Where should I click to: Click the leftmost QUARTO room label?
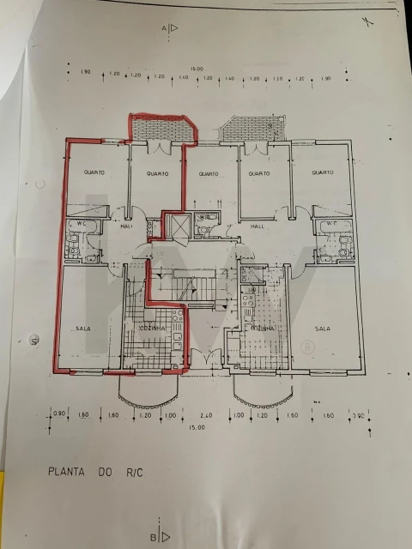tap(94, 172)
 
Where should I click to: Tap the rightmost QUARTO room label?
tap(321, 172)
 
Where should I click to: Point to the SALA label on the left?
tap(83, 328)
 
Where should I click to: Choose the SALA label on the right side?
tap(323, 328)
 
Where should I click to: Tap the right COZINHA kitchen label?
tap(262, 328)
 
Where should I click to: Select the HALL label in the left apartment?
tap(125, 227)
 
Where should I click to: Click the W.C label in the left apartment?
tap(82, 225)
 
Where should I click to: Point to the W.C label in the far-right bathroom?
tap(327, 225)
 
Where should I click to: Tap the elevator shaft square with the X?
tap(176, 226)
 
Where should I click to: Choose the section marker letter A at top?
tap(163, 28)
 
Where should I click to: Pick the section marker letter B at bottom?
tap(153, 537)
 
